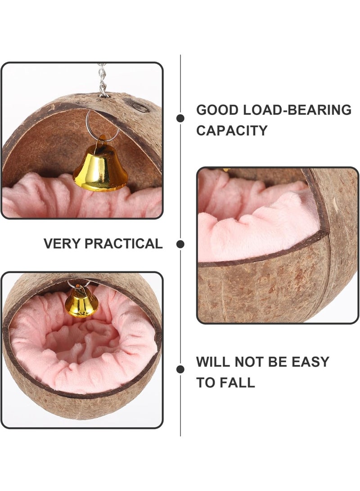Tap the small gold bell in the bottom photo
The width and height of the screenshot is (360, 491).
click(81, 302)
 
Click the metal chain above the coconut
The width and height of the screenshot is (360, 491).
click(102, 80)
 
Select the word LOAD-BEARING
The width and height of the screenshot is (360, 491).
click(297, 110)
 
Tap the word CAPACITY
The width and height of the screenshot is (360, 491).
click(232, 131)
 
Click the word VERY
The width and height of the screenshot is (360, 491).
click(62, 243)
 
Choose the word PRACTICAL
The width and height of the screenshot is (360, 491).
click(123, 243)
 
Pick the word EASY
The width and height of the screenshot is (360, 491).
click(310, 362)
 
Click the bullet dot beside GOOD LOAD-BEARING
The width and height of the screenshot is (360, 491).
click(180, 118)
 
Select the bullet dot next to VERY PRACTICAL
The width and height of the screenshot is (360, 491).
click(180, 244)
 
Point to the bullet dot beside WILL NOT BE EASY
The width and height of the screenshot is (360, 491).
click(180, 369)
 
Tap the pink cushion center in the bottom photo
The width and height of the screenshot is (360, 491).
click(82, 341)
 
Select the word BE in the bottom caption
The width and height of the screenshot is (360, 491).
click(278, 362)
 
